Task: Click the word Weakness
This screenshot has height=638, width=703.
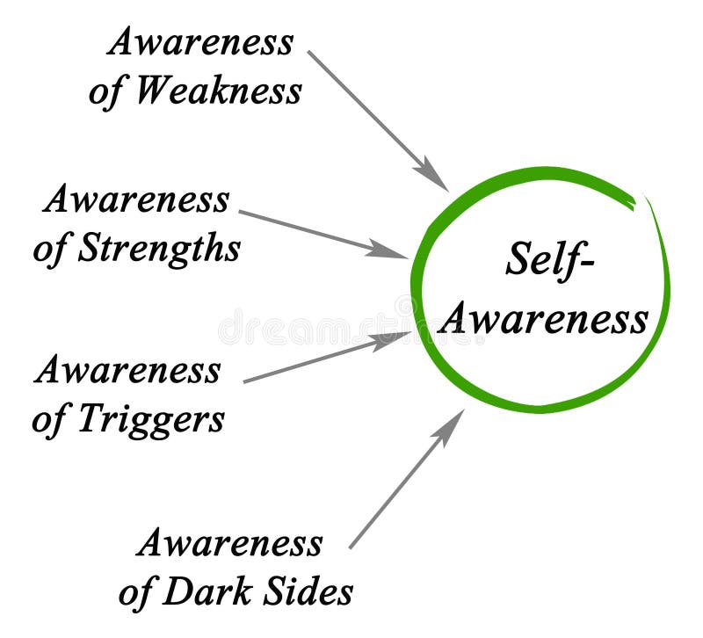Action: tap(218, 91)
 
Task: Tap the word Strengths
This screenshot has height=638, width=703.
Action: tap(159, 249)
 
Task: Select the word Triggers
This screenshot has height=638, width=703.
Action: tap(151, 420)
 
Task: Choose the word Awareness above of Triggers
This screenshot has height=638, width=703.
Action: tap(127, 370)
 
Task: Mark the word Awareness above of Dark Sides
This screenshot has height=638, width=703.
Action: tap(229, 543)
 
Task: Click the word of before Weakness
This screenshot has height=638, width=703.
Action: tap(105, 91)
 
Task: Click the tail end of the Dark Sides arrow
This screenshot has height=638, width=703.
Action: tap(351, 547)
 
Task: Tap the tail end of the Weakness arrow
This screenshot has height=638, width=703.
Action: tap(309, 52)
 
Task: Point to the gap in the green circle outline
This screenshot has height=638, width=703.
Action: tap(640, 201)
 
